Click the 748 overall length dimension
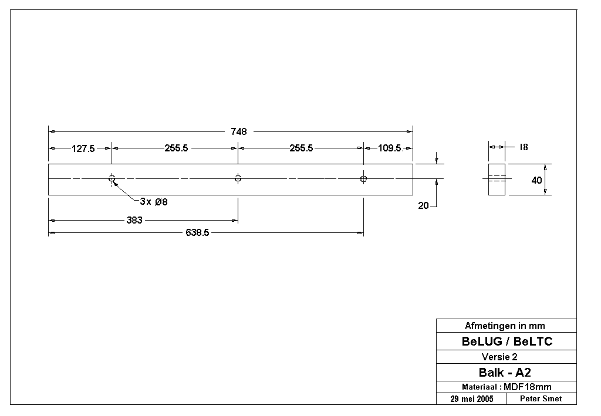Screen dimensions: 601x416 coord(238,132)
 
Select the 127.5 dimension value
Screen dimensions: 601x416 coord(83,148)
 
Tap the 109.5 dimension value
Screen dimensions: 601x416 coord(390,148)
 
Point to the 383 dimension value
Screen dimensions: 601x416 coord(134,220)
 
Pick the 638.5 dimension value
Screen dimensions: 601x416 coord(197,232)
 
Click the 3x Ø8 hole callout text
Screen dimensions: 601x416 coord(154,201)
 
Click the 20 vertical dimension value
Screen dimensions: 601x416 coord(423,206)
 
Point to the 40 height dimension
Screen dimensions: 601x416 coord(536,180)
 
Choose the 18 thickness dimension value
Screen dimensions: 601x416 coord(524,147)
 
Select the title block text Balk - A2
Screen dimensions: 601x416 coord(505,373)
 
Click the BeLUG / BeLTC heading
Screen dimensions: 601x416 coord(507,341)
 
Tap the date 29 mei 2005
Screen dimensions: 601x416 coord(472,399)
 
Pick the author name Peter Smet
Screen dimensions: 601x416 coord(541,399)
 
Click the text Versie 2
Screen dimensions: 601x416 coord(499,357)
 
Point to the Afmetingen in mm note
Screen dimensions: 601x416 coord(505,326)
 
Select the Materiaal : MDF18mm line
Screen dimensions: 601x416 coord(507,387)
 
